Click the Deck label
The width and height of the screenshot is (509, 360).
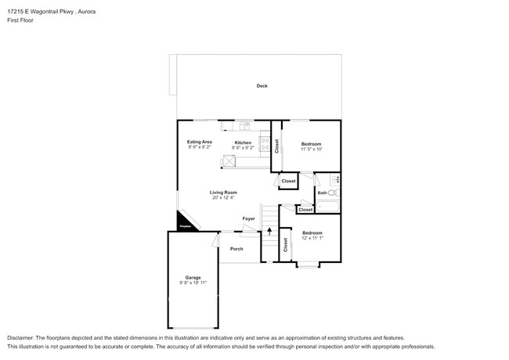click(x=262, y=85)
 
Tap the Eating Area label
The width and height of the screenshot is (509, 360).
click(x=200, y=142)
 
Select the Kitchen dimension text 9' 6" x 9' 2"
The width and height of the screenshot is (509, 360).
click(x=243, y=147)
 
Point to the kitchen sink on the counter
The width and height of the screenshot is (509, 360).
click(x=244, y=125)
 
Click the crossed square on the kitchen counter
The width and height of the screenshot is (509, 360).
click(x=229, y=160)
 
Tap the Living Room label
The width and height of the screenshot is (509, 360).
click(x=223, y=193)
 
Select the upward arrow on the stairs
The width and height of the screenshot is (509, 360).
click(x=269, y=231)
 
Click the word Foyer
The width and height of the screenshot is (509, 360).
click(x=248, y=218)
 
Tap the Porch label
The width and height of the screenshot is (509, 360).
click(x=236, y=249)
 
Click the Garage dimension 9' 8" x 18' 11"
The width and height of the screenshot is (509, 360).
click(x=193, y=282)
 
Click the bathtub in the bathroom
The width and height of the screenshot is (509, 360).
click(x=329, y=207)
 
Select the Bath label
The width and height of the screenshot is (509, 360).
click(x=322, y=193)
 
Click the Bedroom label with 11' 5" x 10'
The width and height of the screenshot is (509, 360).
click(x=311, y=144)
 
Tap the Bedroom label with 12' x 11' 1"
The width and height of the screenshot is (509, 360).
click(x=312, y=232)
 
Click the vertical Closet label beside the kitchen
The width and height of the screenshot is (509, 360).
click(x=276, y=146)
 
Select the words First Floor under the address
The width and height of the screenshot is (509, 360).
click(x=20, y=20)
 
